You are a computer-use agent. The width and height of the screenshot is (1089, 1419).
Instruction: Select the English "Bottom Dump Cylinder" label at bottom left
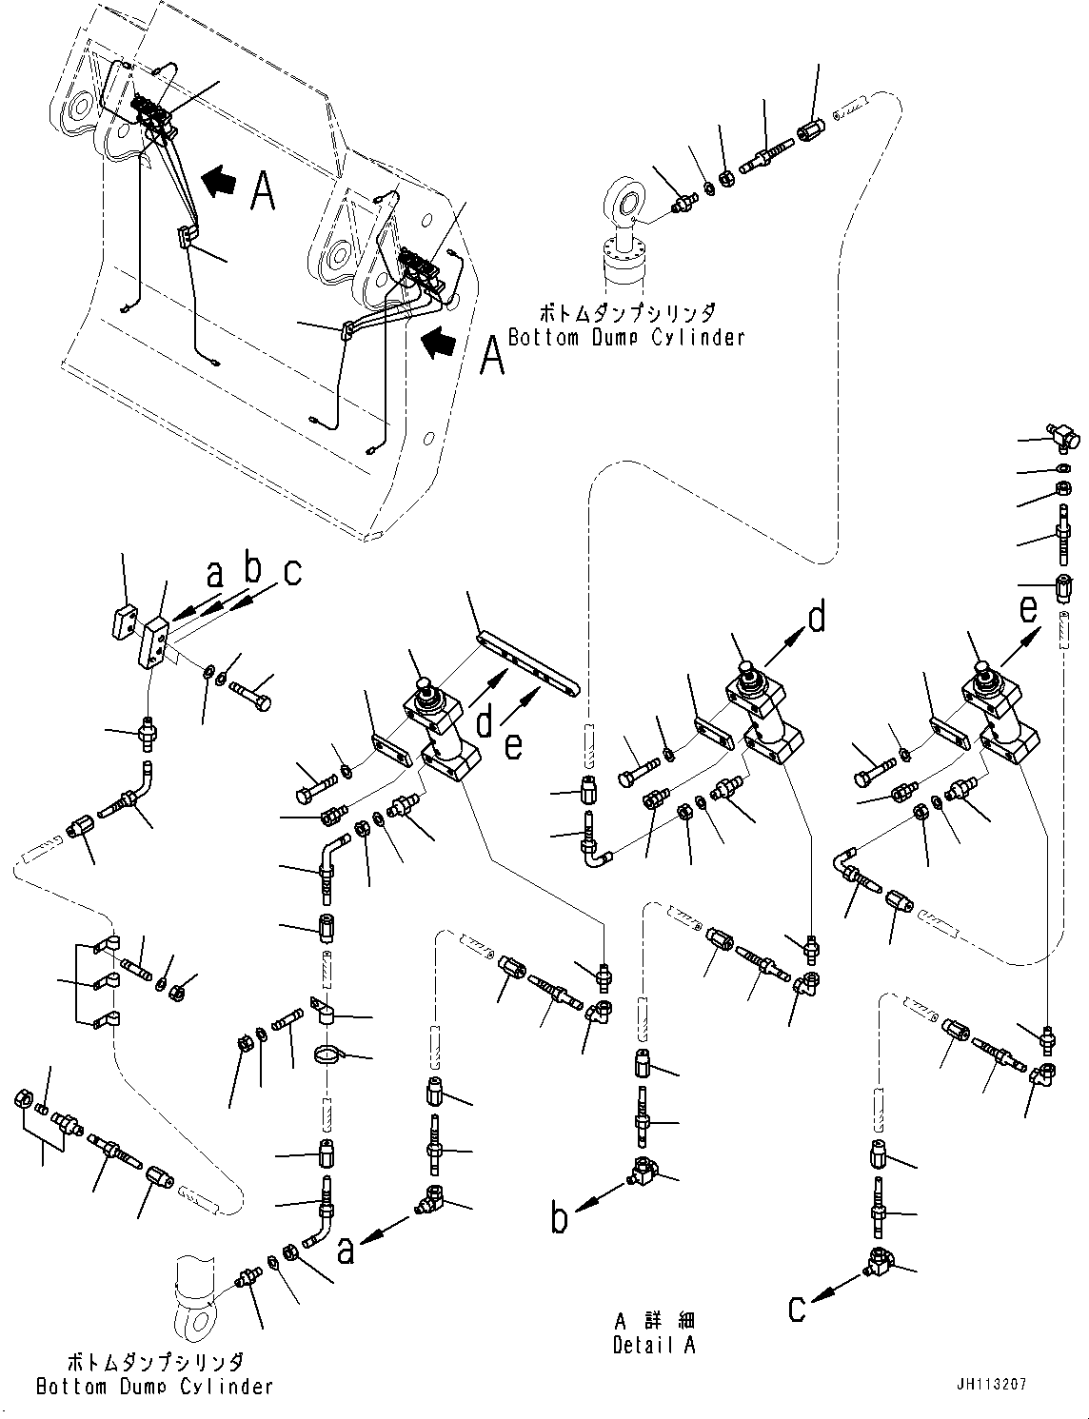[x=154, y=1387]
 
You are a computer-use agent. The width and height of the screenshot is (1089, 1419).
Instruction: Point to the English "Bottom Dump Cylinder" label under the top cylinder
[x=625, y=337]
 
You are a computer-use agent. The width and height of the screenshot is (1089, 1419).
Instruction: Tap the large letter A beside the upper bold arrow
[x=263, y=190]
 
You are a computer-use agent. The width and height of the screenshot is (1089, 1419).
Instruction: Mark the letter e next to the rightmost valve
[x=1029, y=608]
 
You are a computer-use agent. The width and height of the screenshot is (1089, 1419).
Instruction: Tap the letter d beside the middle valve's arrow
[x=817, y=619]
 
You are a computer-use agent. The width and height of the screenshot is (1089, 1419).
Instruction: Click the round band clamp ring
[x=328, y=1054]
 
